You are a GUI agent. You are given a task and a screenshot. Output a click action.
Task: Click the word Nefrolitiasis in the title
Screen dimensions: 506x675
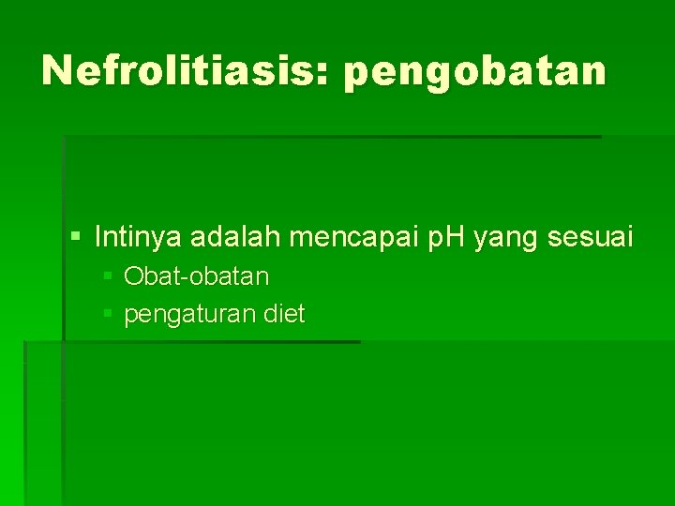[x=178, y=70]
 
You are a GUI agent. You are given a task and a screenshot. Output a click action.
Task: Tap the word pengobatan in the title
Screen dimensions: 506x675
[x=475, y=72]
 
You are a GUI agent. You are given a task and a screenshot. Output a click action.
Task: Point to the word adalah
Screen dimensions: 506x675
[x=236, y=237]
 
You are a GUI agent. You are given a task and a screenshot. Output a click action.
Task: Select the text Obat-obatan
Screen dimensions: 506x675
[x=196, y=276]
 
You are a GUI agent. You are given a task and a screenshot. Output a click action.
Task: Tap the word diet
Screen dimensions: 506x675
[x=284, y=314]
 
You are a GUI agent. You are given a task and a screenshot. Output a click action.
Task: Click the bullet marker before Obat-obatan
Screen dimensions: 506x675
[x=109, y=277]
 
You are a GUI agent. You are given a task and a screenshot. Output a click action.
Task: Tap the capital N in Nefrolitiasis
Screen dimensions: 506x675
[x=59, y=70]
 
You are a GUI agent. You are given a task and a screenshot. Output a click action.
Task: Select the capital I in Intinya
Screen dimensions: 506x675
[x=97, y=237]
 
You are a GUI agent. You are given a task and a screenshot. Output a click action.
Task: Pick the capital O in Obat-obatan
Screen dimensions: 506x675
[x=132, y=276]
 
